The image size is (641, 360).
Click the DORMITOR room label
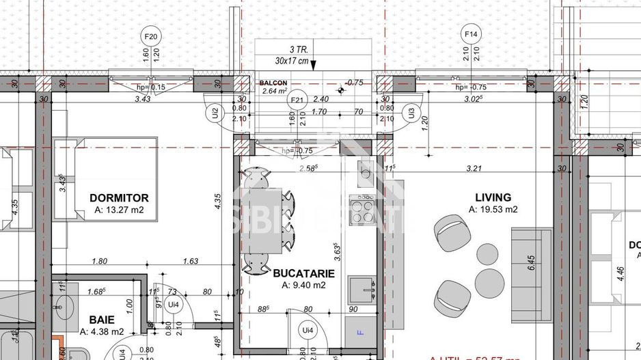click(x=118, y=198)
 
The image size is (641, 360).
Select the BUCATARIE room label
click(x=304, y=273)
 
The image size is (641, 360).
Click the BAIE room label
click(x=101, y=320)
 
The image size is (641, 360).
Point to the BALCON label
click(x=273, y=83)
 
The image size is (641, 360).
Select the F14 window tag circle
click(x=471, y=33)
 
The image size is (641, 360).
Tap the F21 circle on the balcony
click(x=297, y=100)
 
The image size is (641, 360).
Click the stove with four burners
click(x=362, y=209)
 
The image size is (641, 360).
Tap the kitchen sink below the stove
click(x=362, y=290)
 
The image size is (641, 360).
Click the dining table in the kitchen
click(x=262, y=221)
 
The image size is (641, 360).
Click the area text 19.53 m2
click(x=493, y=209)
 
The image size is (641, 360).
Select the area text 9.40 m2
click(x=304, y=285)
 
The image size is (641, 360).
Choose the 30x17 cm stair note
click(x=288, y=60)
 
